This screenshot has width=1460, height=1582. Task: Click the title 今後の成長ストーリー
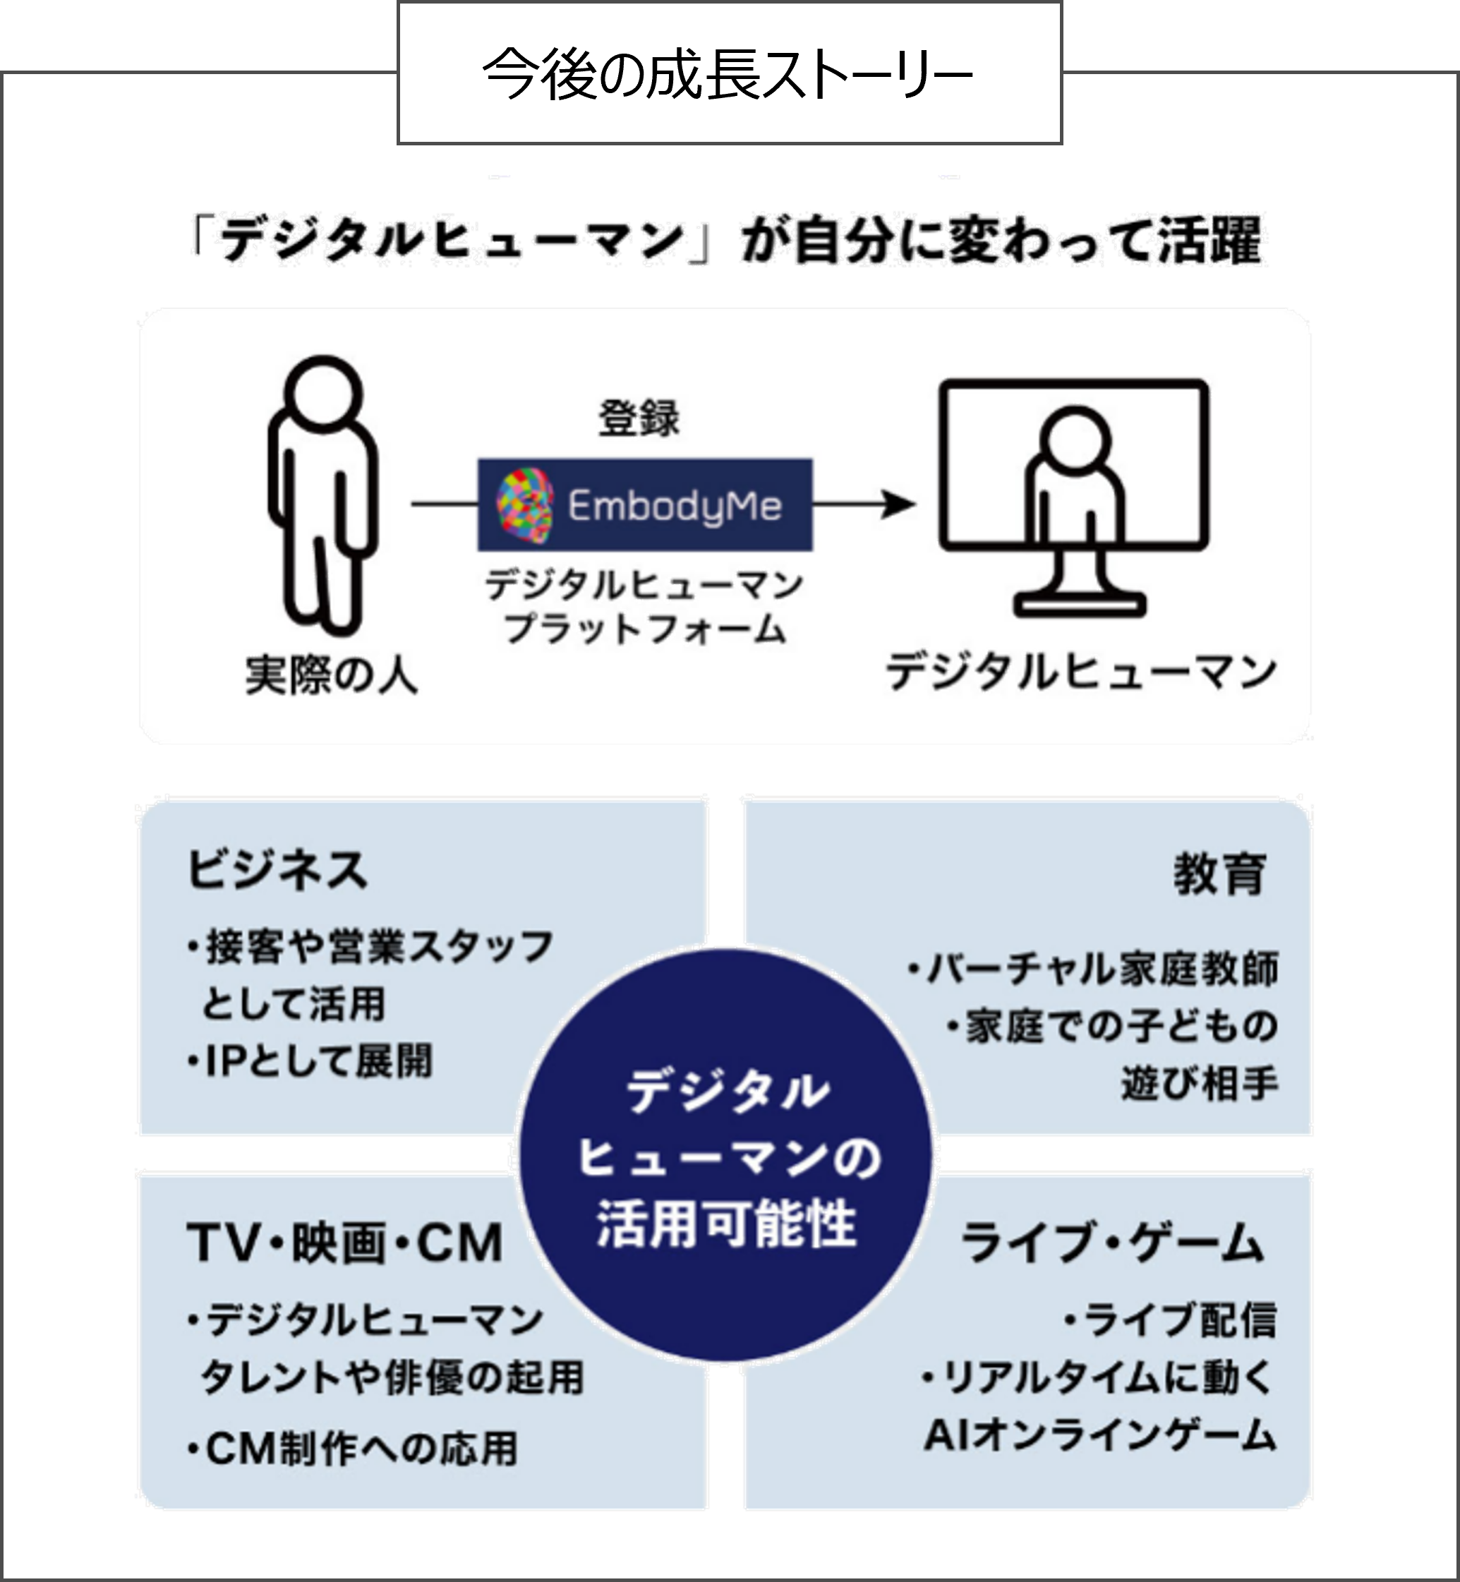click(x=728, y=75)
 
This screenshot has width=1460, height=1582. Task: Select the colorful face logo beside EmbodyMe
click(x=524, y=505)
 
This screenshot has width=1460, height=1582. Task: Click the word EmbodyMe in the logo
click(x=674, y=506)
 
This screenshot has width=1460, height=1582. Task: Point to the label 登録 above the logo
click(x=639, y=418)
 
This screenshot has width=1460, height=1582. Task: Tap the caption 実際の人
click(x=331, y=676)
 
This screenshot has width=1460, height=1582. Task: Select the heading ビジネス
click(x=277, y=871)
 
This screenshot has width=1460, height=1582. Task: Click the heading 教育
click(x=1219, y=874)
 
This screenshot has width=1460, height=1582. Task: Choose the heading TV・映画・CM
click(x=345, y=1243)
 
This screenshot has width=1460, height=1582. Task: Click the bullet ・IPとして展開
click(x=310, y=1061)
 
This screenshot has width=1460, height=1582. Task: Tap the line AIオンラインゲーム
click(x=1099, y=1435)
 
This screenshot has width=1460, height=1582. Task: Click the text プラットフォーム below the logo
click(x=644, y=629)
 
